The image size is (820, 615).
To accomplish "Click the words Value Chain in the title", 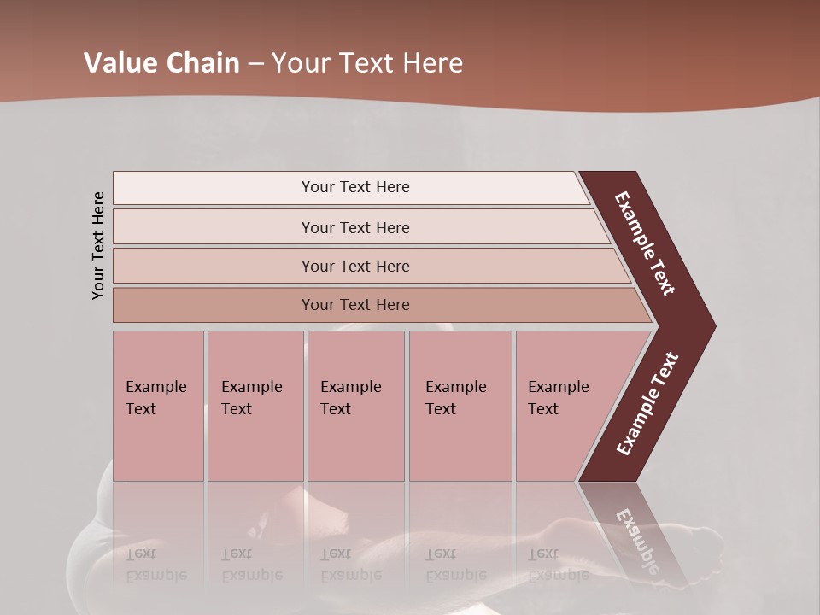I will click(x=161, y=62).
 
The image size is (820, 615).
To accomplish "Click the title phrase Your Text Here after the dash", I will click(x=367, y=62).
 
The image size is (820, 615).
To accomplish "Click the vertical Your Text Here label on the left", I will click(x=98, y=246).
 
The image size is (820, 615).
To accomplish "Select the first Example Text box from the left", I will click(x=158, y=406).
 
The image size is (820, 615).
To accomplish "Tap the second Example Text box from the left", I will click(x=255, y=406).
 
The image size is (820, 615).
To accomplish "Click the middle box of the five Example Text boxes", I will click(x=355, y=406).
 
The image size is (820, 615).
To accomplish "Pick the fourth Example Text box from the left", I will click(x=460, y=406).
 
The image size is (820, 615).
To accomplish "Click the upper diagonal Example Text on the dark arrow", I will click(x=645, y=243).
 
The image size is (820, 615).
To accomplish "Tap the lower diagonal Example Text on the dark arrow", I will click(x=648, y=404).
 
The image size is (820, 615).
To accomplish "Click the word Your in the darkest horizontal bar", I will click(x=317, y=305).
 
